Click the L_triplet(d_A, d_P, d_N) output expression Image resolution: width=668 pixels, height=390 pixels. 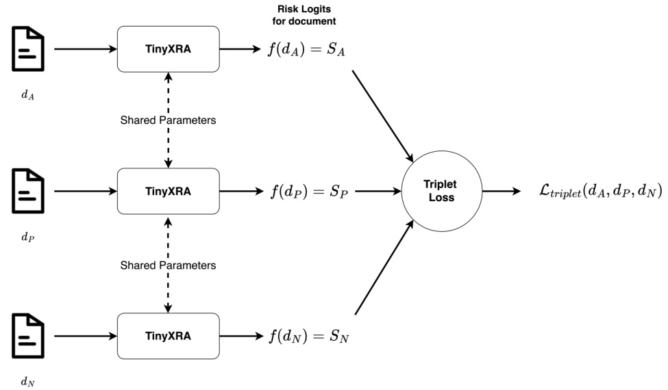590,192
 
